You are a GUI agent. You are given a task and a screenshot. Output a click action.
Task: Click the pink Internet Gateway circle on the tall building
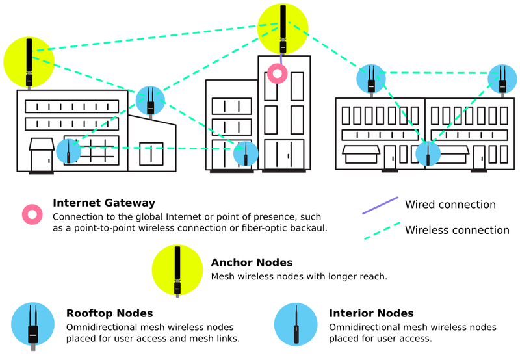pyautogui.click(x=278, y=73)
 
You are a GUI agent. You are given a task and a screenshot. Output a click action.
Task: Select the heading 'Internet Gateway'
pyautogui.click(x=104, y=203)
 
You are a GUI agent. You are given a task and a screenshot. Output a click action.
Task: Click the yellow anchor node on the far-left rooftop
pyautogui.click(x=29, y=61)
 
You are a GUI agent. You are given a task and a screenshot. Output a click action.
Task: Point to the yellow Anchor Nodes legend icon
pyautogui.click(x=177, y=270)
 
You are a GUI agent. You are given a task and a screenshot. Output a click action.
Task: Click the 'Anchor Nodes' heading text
pyautogui.click(x=252, y=263)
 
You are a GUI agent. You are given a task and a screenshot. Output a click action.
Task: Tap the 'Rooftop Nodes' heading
pyautogui.click(x=110, y=314)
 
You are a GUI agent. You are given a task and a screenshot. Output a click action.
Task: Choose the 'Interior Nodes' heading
pyautogui.click(x=371, y=314)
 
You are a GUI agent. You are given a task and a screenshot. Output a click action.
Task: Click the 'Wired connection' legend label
pyautogui.click(x=450, y=205)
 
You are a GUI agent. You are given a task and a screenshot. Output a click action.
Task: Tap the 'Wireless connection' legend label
pyautogui.click(x=457, y=230)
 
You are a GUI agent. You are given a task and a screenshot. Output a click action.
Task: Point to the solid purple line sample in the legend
pyautogui.click(x=380, y=205)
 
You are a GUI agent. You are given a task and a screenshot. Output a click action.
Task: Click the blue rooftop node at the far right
pyautogui.click(x=502, y=78)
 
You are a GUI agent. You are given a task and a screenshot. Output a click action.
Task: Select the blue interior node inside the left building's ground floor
pyautogui.click(x=68, y=151)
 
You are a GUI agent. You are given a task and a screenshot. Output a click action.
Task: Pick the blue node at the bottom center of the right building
pyautogui.click(x=428, y=153)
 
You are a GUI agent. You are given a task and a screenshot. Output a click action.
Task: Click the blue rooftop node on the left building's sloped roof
pyautogui.click(x=150, y=100)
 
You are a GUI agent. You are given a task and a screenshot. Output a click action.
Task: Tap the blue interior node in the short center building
pyautogui.click(x=246, y=153)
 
